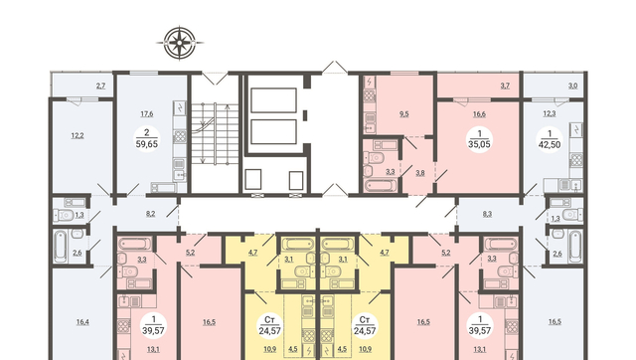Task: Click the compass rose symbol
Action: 180,43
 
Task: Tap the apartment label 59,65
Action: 147,144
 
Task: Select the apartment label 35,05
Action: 479,144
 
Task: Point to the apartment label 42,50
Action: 550,144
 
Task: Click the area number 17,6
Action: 147,114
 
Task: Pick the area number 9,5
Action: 404,114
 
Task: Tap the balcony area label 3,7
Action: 505,86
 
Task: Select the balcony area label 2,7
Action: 101,86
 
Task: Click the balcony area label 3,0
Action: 572,86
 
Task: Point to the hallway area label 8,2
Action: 150,214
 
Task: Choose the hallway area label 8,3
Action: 487,214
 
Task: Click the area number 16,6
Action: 479,114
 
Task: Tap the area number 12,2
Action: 78,135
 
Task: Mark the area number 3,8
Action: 420,173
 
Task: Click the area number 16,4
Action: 82,322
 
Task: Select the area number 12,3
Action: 550,113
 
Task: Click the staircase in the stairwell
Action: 215,133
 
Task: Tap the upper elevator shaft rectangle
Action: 274,100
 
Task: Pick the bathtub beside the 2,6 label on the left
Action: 60,247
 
